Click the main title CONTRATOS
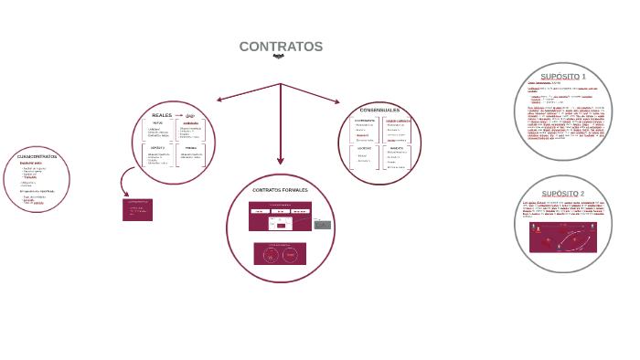[281, 47]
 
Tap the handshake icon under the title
[280, 57]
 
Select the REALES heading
[162, 115]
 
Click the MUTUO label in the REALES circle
[158, 122]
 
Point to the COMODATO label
[190, 123]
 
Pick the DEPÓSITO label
[158, 147]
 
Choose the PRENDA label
[191, 147]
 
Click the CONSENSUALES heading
[379, 111]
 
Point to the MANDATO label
[396, 147]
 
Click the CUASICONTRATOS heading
[37, 156]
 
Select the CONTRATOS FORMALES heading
[280, 190]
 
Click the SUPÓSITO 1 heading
[563, 76]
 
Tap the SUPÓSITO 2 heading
[562, 194]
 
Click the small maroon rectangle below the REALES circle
[137, 209]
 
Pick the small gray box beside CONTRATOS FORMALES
[322, 224]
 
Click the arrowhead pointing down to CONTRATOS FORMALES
[281, 160]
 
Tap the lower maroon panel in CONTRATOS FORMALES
[280, 253]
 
